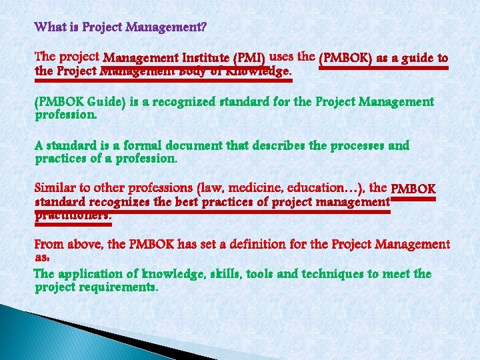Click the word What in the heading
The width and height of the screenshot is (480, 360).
49,28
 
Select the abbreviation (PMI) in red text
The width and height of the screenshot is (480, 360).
248,59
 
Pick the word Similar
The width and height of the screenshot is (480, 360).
55,189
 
